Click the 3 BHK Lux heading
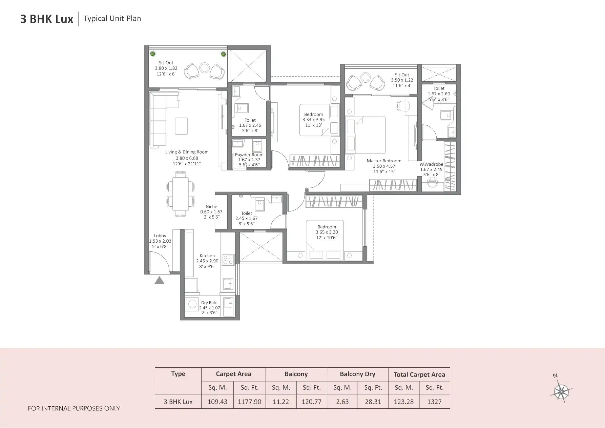click(47, 19)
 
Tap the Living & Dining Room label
click(187, 152)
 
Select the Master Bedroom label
click(384, 161)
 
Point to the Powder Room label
click(249, 155)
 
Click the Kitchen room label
click(207, 256)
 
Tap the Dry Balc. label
click(209, 303)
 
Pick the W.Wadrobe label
click(431, 164)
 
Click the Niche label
click(211, 206)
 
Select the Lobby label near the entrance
click(160, 236)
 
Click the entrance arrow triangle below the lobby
click(159, 281)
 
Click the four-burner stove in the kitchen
click(228, 260)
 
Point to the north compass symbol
click(561, 392)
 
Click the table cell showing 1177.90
click(249, 402)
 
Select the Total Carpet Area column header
click(419, 374)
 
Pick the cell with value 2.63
click(342, 402)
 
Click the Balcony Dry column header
click(357, 374)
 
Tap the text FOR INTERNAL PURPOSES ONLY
click(74, 408)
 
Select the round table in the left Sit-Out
click(204, 68)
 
